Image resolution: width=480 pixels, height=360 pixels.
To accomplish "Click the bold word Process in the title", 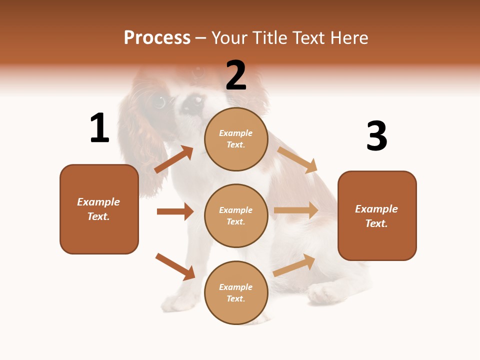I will coord(157,38).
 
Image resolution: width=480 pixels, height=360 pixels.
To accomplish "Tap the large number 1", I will coord(99,128).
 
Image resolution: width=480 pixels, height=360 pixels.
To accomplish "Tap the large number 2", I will coord(236,75).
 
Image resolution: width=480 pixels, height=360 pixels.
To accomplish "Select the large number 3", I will coord(376,136).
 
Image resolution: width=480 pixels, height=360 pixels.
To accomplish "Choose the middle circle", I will coord(236,215).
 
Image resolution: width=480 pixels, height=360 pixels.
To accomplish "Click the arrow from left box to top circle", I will coord(174,159).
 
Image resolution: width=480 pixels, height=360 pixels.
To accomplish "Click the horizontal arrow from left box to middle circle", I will coord(175,211).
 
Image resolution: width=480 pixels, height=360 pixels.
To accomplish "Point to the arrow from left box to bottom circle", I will coord(175,266).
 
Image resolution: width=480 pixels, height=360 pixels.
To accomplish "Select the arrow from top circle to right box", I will coord(297,159).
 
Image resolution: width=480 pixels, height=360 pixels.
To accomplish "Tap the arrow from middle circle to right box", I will coord(296,210).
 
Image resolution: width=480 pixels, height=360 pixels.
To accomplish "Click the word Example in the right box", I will coord(376,209).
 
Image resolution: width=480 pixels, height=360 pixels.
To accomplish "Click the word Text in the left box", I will coord(98,216).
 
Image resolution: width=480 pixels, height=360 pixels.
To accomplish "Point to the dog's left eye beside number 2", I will coord(159,102).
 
